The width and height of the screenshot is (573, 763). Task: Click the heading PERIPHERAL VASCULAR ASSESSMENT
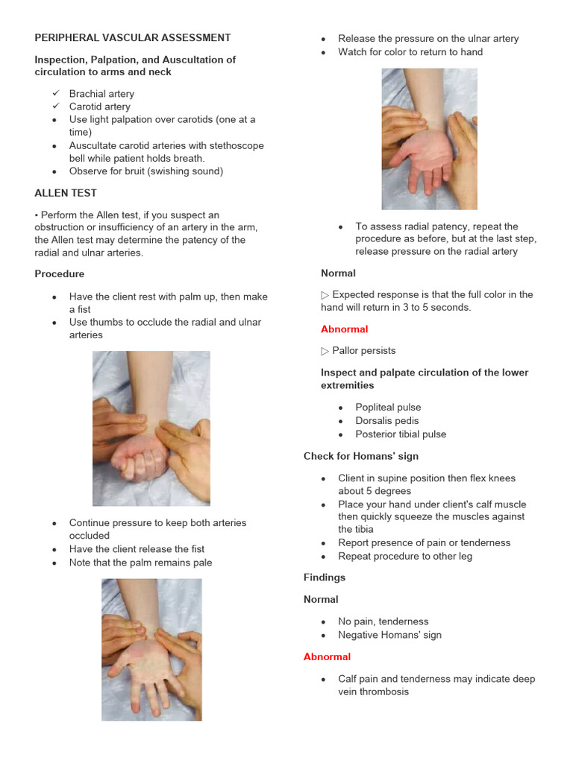133,37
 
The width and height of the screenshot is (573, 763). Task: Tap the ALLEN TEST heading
66,193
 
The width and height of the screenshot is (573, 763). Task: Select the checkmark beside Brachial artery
56,94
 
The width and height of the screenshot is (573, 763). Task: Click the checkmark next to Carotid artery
56,107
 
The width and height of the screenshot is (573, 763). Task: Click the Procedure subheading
60,274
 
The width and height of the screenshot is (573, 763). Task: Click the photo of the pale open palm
151,656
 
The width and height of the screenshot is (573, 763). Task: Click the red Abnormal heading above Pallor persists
344,329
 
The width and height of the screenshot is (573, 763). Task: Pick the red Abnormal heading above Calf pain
327,657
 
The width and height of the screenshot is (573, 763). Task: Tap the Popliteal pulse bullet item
388,408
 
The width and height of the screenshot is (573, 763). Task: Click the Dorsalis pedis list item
386,421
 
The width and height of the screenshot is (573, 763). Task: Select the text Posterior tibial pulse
401,434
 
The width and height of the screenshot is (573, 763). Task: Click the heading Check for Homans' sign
361,456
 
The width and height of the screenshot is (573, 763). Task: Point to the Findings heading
325,577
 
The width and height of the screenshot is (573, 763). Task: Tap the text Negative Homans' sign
389,636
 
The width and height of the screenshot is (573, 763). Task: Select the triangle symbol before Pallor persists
325,351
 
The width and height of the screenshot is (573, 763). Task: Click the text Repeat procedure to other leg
404,557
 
